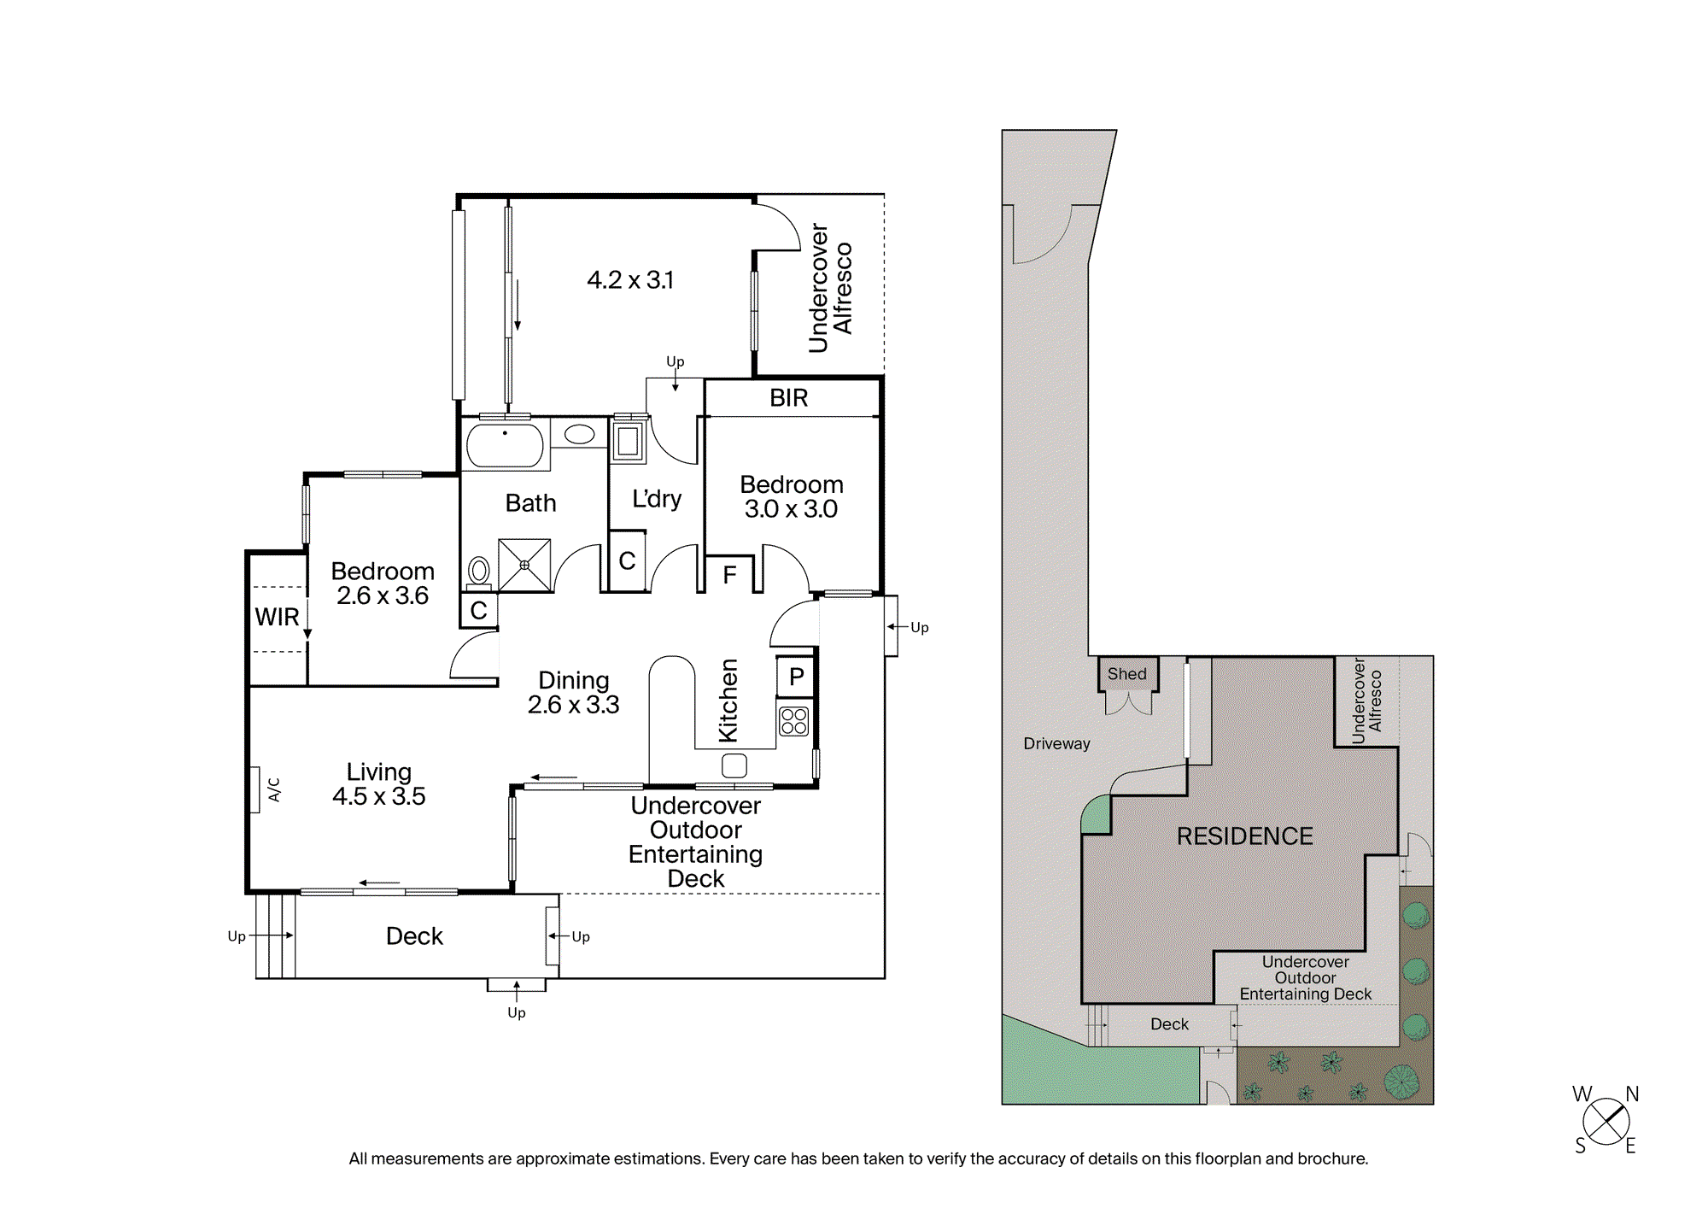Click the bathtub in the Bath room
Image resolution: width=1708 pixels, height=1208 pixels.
click(505, 444)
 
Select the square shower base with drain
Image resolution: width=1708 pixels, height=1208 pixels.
click(524, 565)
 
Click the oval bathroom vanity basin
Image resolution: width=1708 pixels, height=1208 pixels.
click(579, 434)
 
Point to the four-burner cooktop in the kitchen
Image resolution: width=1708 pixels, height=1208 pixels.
click(793, 721)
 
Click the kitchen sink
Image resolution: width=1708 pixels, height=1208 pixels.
click(734, 765)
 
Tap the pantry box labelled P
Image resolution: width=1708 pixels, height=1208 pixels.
click(795, 677)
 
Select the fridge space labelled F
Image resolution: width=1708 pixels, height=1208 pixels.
click(729, 575)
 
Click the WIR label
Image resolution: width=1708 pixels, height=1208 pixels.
click(277, 617)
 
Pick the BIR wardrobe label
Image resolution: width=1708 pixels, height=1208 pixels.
click(788, 398)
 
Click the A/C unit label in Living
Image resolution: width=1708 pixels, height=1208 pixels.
click(274, 789)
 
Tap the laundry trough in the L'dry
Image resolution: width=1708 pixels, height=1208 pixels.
click(628, 441)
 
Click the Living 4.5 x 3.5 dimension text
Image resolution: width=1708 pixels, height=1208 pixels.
click(379, 784)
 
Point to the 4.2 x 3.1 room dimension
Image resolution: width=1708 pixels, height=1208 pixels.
click(630, 280)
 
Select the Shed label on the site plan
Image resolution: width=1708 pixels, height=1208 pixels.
click(1127, 674)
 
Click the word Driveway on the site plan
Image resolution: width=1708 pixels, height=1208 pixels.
click(1056, 743)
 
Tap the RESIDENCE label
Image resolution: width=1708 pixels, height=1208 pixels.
click(1245, 836)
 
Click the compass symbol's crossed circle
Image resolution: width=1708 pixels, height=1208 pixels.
click(1606, 1121)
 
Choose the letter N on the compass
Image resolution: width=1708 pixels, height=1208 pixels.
click(1632, 1094)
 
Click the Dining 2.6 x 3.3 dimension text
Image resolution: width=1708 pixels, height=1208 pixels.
click(574, 692)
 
